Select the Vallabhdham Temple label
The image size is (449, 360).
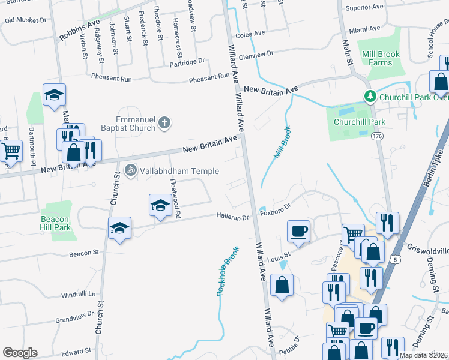(x=173, y=171)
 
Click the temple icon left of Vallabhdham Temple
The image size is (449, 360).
(x=130, y=171)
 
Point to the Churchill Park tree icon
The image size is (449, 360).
(x=370, y=97)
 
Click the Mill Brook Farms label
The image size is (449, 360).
(x=381, y=58)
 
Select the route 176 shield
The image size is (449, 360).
(x=376, y=137)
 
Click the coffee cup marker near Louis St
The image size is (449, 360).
(x=298, y=231)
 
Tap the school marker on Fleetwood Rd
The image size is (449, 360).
(x=160, y=205)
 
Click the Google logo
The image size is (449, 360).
(x=20, y=352)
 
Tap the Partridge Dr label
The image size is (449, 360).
(x=187, y=61)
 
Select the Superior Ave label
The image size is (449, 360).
(x=364, y=7)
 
